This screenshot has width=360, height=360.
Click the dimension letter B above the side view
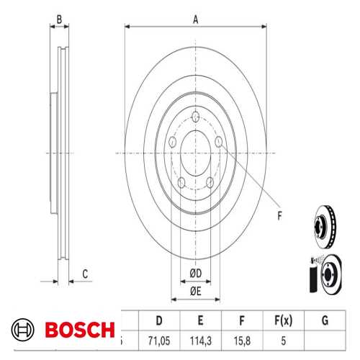pos(60,19)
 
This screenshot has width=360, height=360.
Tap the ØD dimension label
pos(195,272)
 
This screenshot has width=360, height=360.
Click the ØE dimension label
pos(195,290)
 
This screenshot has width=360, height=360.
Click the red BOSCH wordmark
pos(79,330)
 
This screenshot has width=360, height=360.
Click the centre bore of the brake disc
pos(196,152)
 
